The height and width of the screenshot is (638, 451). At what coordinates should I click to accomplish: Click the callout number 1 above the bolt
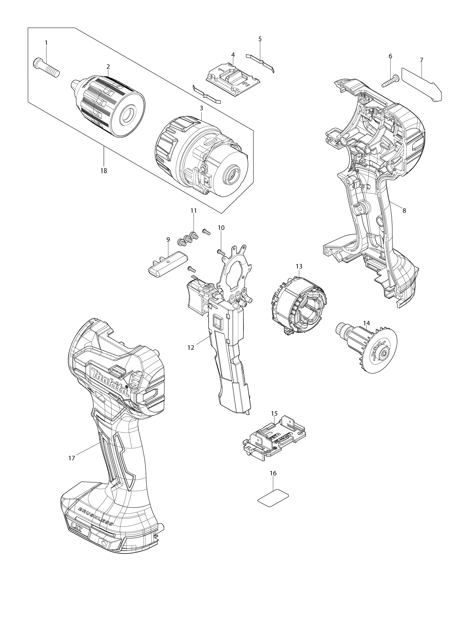click(46, 43)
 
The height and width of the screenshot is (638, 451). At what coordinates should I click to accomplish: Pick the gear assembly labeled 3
click(200, 156)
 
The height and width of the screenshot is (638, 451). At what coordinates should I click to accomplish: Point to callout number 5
click(260, 39)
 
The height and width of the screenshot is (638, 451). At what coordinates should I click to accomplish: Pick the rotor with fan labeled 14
click(366, 347)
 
